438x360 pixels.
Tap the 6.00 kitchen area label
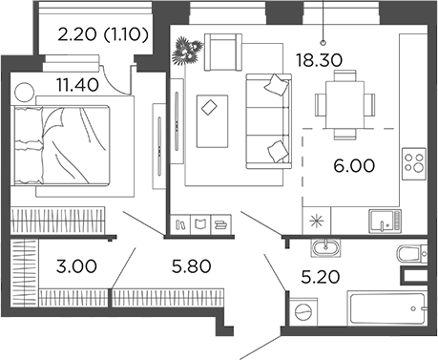[x=354, y=165]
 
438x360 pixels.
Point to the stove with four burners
[x=414, y=163]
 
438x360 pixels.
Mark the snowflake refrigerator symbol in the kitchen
[x=318, y=220]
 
